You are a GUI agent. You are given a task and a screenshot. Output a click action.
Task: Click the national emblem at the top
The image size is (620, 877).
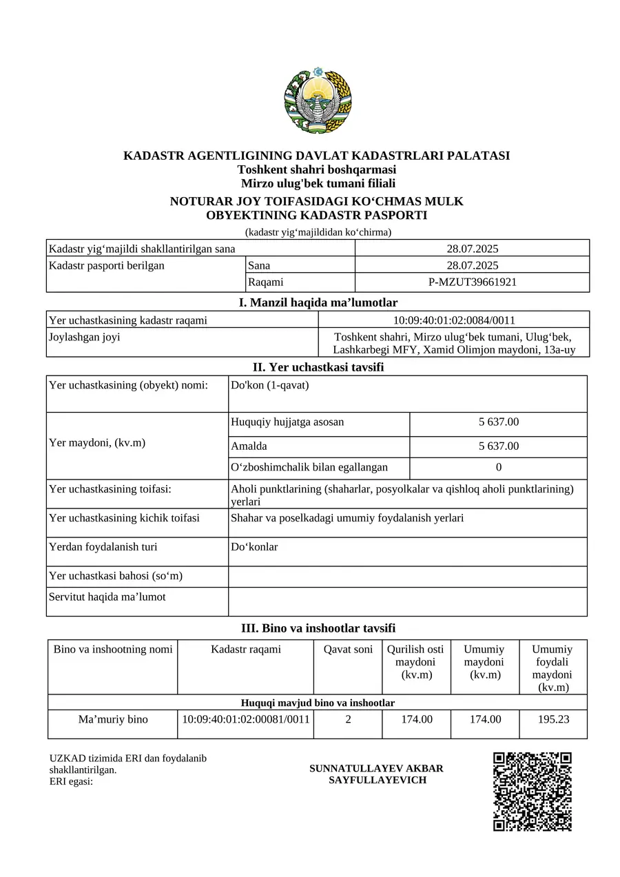pyautogui.click(x=318, y=102)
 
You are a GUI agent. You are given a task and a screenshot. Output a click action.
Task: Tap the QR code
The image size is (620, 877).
pyautogui.click(x=533, y=792)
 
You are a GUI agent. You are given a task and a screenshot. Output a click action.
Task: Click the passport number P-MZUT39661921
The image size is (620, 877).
pyautogui.click(x=472, y=282)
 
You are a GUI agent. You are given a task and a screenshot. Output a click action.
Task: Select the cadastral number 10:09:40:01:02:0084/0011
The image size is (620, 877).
pyautogui.click(x=454, y=320)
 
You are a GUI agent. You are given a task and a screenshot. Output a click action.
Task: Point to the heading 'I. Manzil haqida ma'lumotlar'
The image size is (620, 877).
pyautogui.click(x=318, y=302)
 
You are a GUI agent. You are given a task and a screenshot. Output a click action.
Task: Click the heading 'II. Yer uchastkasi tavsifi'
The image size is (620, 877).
pyautogui.click(x=318, y=367)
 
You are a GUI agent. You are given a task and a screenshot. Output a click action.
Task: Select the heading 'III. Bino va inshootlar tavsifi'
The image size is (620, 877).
pyautogui.click(x=318, y=628)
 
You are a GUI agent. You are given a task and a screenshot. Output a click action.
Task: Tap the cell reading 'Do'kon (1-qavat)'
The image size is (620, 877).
pyautogui.click(x=270, y=385)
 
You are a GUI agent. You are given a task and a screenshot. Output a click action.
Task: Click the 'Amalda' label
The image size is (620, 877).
pyautogui.click(x=249, y=446)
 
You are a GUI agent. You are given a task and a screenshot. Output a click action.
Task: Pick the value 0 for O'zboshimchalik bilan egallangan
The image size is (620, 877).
pyautogui.click(x=498, y=467)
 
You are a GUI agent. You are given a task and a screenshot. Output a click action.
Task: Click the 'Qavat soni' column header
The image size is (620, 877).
pyautogui.click(x=348, y=649)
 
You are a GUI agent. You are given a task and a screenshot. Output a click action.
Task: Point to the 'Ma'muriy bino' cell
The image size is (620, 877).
pyautogui.click(x=113, y=719)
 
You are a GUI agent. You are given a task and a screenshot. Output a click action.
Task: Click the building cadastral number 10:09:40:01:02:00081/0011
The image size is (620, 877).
pyautogui.click(x=246, y=719)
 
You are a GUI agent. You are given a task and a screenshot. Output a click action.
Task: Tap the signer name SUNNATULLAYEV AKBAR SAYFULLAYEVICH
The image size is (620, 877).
pyautogui.click(x=376, y=774)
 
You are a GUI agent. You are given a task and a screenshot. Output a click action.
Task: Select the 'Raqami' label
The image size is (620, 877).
pyautogui.click(x=265, y=282)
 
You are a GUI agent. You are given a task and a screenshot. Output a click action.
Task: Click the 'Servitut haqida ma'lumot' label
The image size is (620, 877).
pyautogui.click(x=107, y=597)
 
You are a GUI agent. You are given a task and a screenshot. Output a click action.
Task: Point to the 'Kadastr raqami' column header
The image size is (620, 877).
pyautogui.click(x=246, y=649)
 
